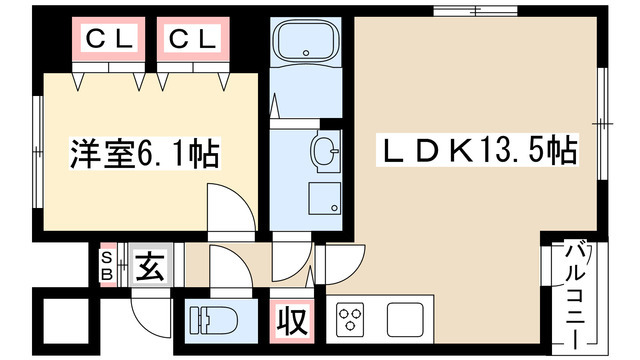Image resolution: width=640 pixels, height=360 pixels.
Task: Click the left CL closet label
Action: (x=109, y=39)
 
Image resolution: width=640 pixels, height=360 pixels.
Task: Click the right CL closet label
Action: (x=192, y=39)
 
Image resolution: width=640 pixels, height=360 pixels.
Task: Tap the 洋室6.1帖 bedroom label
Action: (x=145, y=154)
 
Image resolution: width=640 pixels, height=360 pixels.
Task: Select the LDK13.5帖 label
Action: (x=477, y=150)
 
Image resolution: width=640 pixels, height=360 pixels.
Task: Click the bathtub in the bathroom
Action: (x=306, y=40)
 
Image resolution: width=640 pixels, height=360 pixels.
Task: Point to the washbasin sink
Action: (x=325, y=150)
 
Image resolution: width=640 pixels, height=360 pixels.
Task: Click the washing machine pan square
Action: (x=324, y=198)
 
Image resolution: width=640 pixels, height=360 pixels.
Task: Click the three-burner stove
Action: (x=351, y=319)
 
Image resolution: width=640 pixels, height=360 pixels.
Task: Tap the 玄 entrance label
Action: (x=150, y=265)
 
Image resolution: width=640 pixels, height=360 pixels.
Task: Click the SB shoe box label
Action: (x=107, y=265)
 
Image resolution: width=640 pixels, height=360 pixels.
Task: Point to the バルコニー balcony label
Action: (x=575, y=295)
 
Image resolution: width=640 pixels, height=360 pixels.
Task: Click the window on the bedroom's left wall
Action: (x=38, y=152)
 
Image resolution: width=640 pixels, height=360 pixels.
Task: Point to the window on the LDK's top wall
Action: (x=476, y=11)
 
